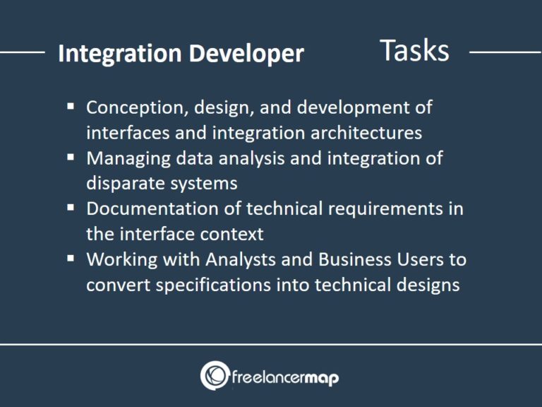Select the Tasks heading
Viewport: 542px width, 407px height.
(414, 50)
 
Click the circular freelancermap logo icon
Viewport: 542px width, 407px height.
(214, 375)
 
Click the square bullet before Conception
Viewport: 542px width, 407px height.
(71, 107)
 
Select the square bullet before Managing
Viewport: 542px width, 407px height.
(71, 158)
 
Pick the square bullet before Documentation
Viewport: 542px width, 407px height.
(71, 208)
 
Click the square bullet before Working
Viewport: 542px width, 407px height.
(71, 258)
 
